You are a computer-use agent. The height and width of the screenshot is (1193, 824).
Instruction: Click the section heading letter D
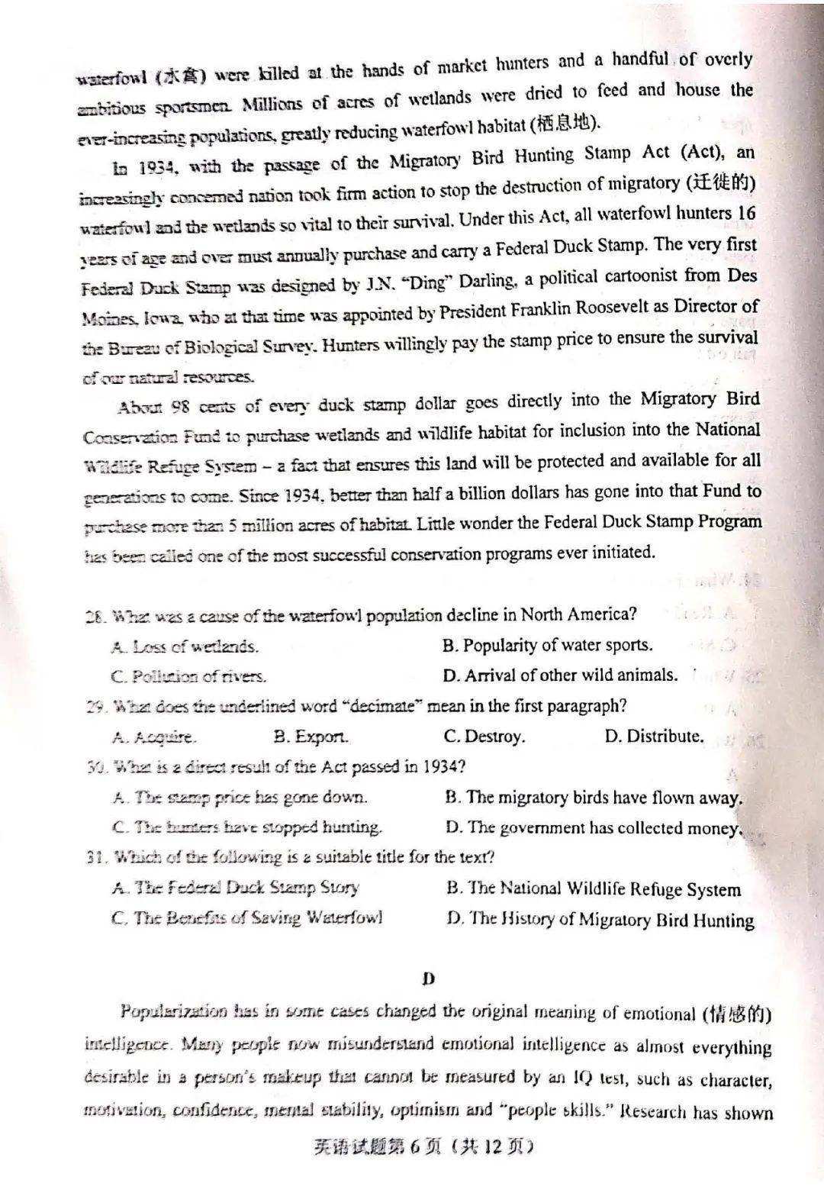tap(428, 978)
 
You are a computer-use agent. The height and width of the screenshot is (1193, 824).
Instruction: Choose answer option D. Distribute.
tap(653, 737)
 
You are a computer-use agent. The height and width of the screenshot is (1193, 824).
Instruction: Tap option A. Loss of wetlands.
tap(185, 647)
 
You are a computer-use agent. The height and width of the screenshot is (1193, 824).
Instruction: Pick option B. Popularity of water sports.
tap(547, 645)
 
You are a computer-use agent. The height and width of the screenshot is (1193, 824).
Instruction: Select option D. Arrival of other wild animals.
tap(560, 675)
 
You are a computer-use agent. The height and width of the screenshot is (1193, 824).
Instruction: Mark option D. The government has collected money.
tap(593, 828)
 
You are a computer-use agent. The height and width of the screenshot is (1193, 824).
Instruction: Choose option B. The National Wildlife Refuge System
tap(593, 889)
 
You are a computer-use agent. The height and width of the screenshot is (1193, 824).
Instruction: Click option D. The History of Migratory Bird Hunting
tap(600, 920)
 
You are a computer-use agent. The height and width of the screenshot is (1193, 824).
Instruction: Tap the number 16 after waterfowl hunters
tap(745, 213)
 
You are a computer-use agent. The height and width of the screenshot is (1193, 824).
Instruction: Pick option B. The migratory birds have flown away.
tap(593, 798)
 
